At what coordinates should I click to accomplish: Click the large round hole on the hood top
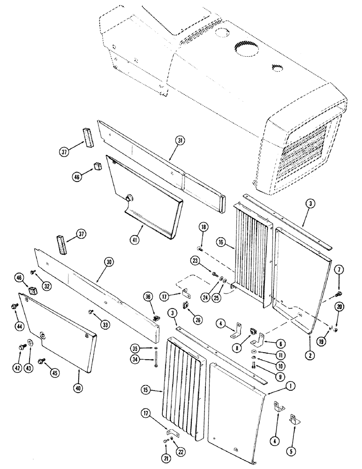244,48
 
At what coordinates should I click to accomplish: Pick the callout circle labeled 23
196,260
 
